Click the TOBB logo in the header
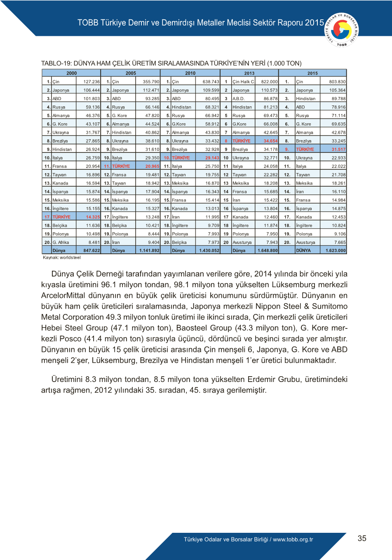[x=342, y=30]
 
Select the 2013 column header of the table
[x=249, y=73]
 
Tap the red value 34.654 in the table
[x=270, y=141]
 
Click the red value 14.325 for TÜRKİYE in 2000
[x=93, y=217]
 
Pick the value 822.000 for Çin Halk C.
[x=269, y=82]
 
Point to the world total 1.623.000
[x=335, y=250]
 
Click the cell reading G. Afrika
[x=61, y=242]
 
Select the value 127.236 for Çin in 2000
[x=92, y=82]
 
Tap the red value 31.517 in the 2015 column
[x=338, y=149]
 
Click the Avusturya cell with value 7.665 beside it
[x=305, y=242]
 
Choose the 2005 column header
[x=131, y=73]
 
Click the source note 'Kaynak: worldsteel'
[x=62, y=258]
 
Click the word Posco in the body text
[x=71, y=339]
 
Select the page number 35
[x=362, y=538]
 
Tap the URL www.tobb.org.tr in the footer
[x=293, y=539]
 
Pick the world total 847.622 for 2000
[x=92, y=250]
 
